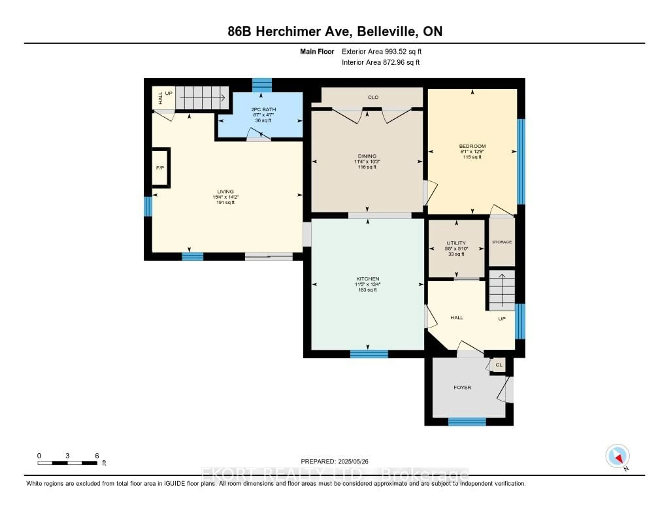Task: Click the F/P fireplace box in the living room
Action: coord(160,168)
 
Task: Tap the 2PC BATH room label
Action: coord(263,109)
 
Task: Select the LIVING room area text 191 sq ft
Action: coord(225,203)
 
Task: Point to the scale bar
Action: coord(67,463)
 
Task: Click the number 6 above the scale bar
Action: coord(97,456)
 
